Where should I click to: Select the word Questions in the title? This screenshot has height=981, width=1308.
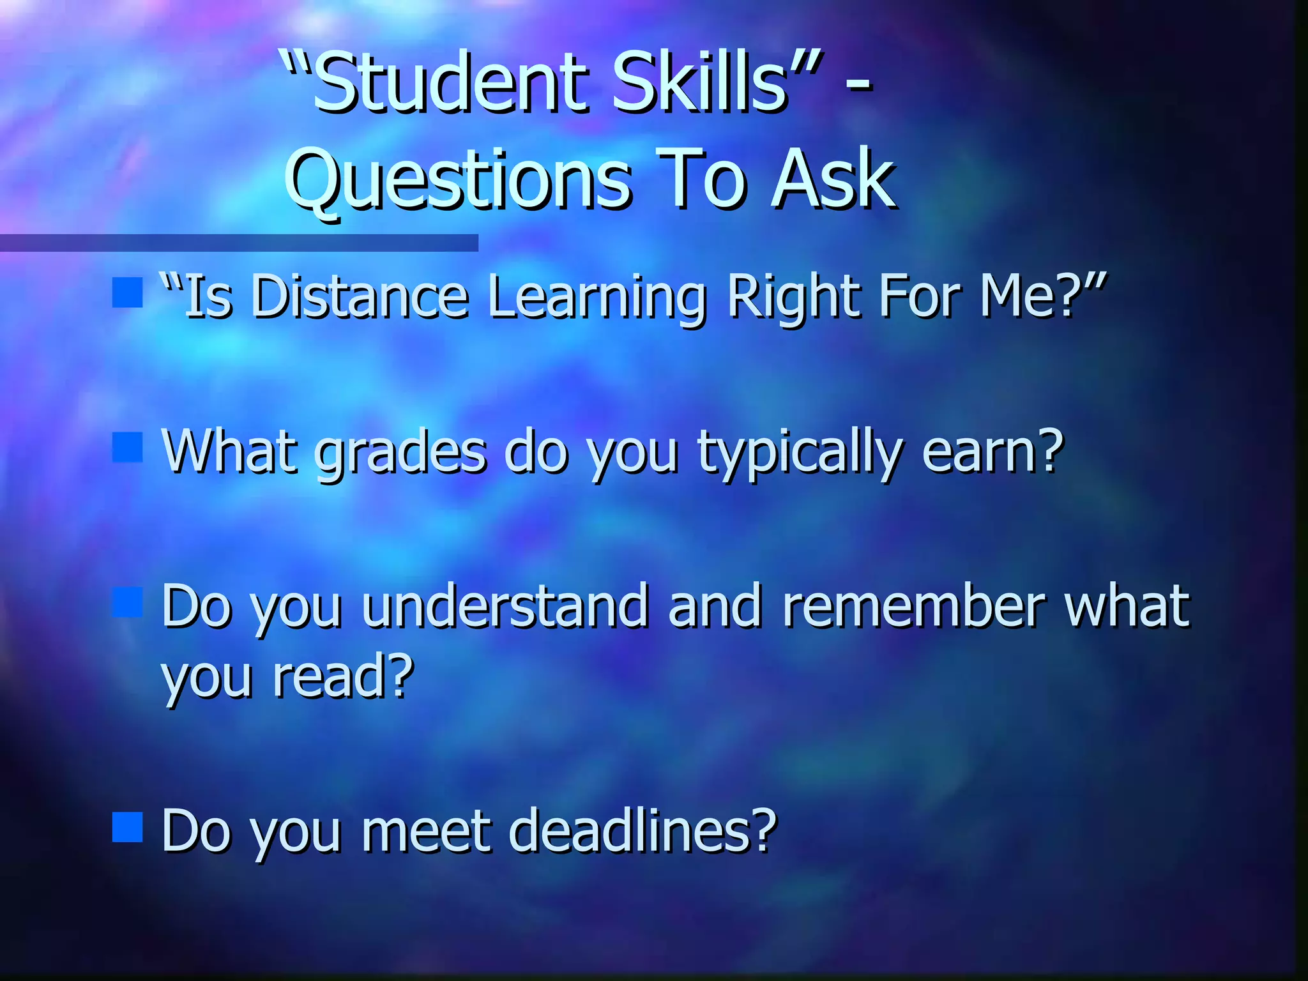pos(457,181)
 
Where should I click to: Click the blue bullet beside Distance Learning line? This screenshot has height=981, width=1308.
pos(127,293)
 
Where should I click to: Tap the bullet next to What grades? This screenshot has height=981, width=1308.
pos(127,447)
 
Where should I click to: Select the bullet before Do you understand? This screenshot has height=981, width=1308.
pos(127,602)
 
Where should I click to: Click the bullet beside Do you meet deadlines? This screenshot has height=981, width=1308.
pos(127,827)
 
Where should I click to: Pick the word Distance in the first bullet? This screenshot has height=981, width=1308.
pos(360,296)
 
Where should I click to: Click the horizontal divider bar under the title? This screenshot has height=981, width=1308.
pos(239,243)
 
